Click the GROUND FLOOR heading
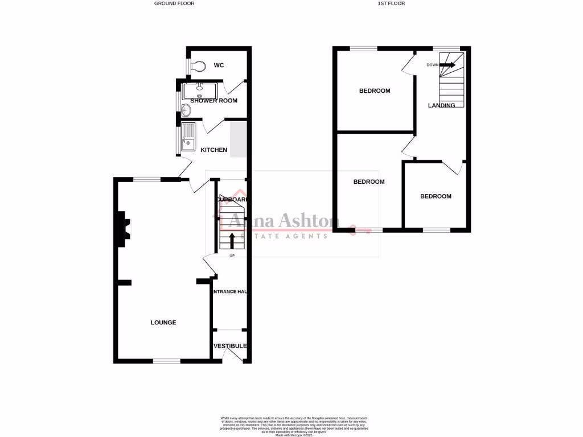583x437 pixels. (x=174, y=3)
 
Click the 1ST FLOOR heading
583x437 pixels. (x=391, y=3)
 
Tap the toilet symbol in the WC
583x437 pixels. (x=198, y=66)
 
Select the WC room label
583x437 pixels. (x=219, y=65)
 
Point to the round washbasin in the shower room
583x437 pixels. (x=186, y=109)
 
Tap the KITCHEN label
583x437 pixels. (x=214, y=150)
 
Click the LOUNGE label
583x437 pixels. (x=163, y=323)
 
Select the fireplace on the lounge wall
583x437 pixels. (x=122, y=229)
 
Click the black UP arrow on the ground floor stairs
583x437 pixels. (x=232, y=240)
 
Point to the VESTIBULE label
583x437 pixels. (x=231, y=346)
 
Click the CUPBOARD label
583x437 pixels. (x=232, y=200)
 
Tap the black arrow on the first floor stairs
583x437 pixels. (x=447, y=65)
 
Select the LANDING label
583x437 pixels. (x=442, y=105)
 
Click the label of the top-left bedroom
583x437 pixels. (x=375, y=91)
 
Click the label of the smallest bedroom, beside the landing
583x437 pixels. (x=436, y=196)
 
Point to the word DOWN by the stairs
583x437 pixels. (x=433, y=65)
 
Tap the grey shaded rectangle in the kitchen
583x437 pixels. (x=239, y=139)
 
